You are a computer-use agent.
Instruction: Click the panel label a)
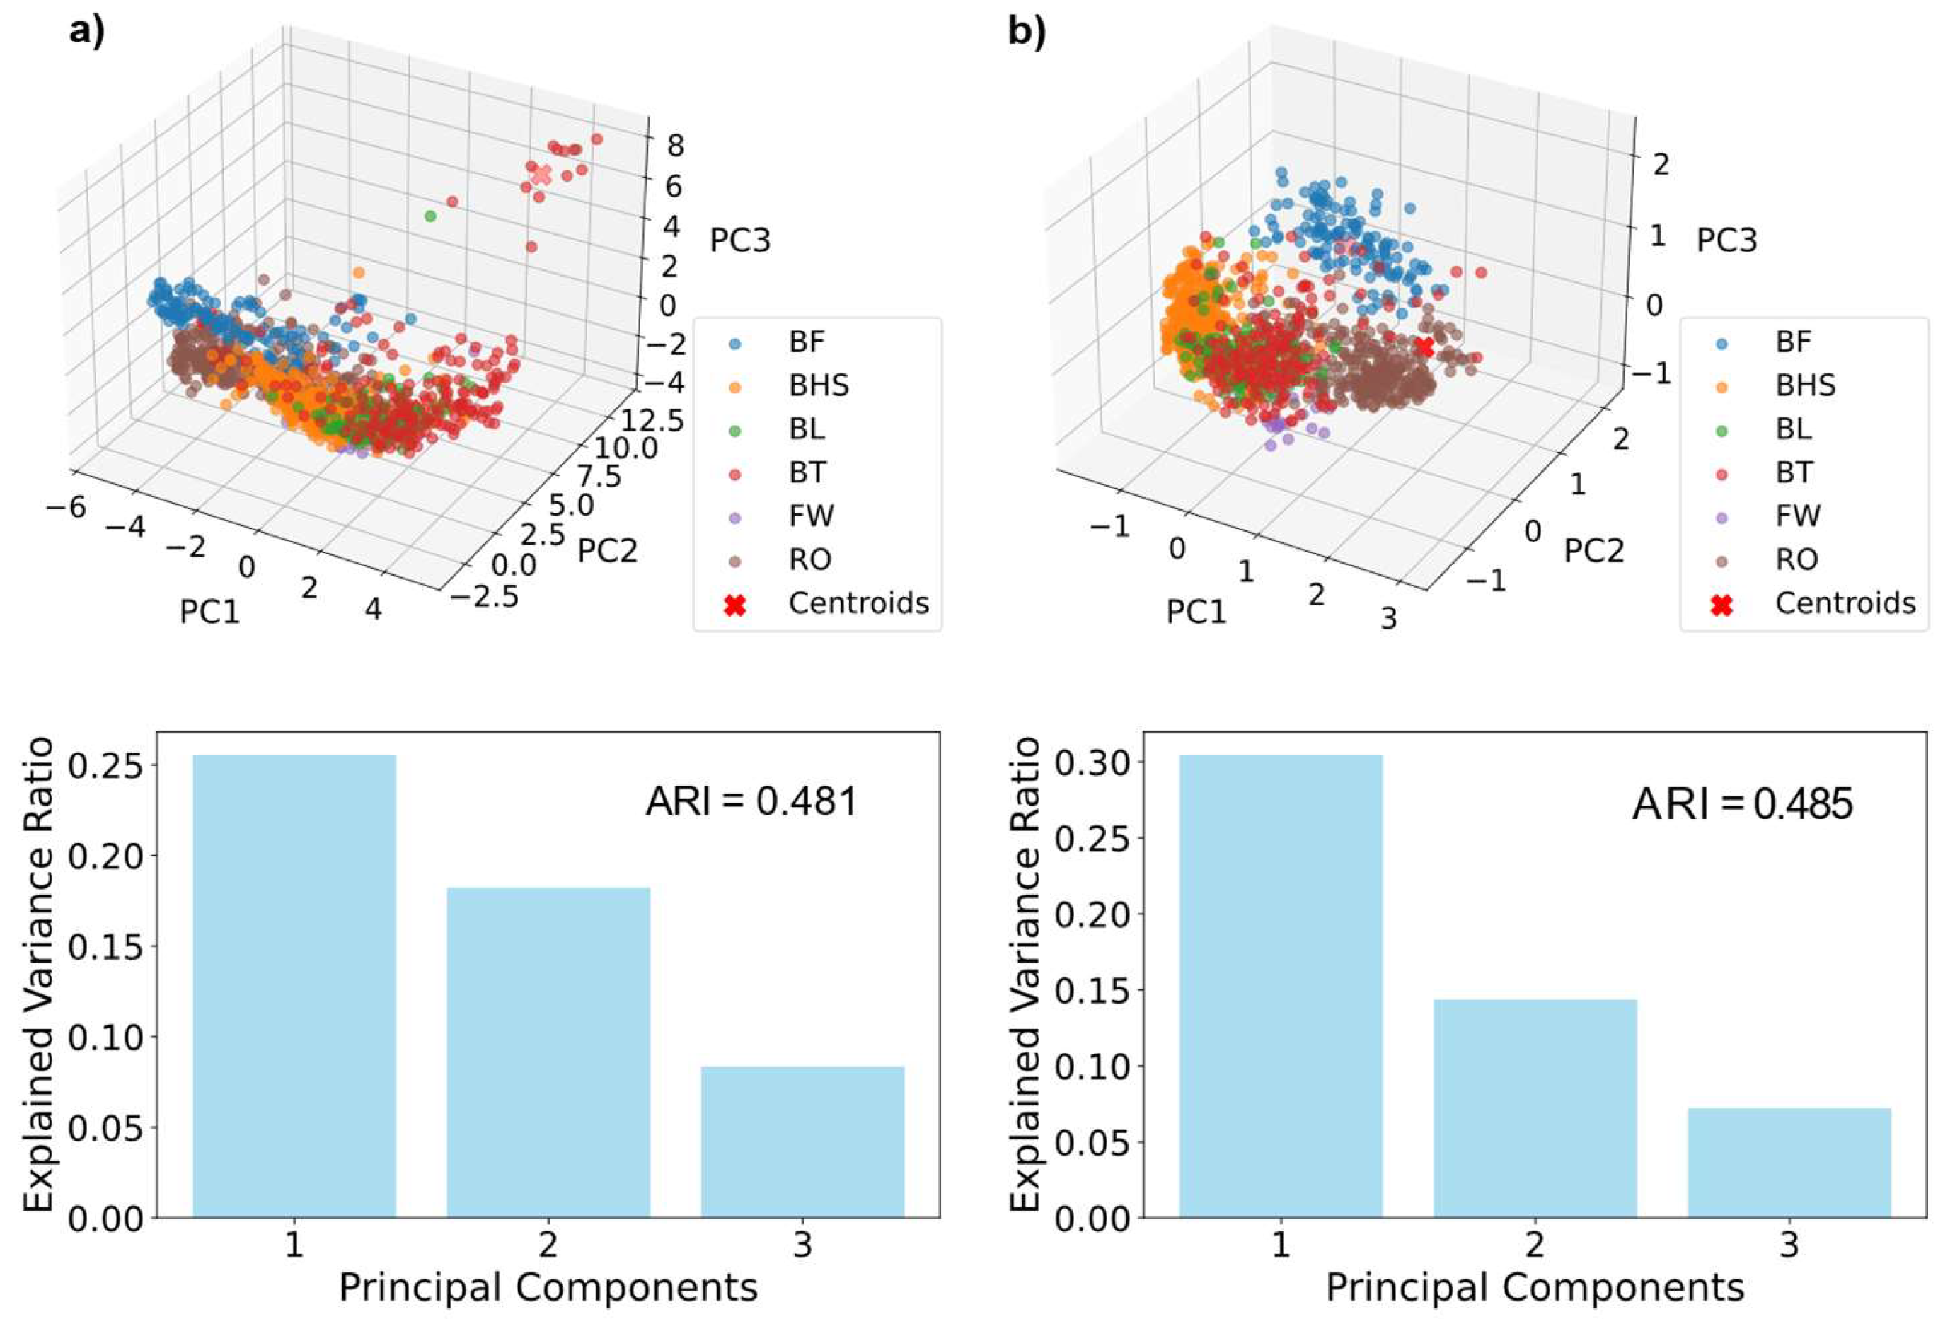(x=87, y=32)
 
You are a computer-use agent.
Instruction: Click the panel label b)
(x=1027, y=32)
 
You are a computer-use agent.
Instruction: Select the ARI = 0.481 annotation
(x=751, y=802)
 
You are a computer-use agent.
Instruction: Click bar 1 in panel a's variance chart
(x=294, y=987)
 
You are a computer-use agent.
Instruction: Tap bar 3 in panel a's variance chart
(x=802, y=1141)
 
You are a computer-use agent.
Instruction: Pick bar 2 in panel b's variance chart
(x=1535, y=1108)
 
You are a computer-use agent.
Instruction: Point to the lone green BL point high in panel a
(x=430, y=216)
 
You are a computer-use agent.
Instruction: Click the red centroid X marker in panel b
(x=1424, y=347)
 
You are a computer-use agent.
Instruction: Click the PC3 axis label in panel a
(x=739, y=241)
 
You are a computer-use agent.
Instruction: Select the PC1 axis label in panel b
(x=1196, y=612)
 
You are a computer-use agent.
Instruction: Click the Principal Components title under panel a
(x=548, y=1286)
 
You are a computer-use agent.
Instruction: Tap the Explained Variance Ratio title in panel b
(x=1024, y=975)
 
